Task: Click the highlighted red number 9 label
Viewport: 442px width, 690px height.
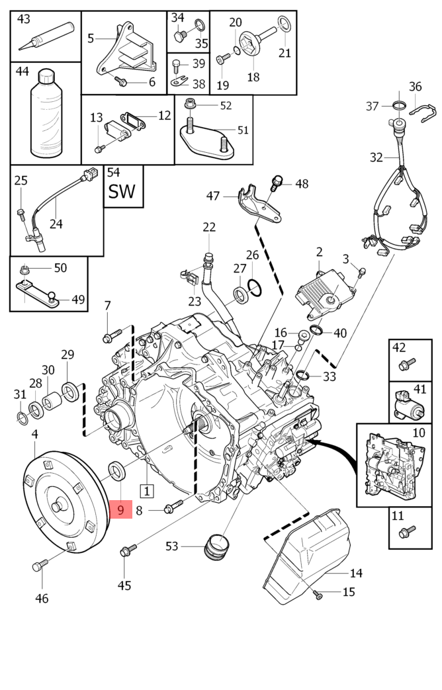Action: [x=121, y=510]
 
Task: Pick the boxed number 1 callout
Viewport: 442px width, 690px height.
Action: [x=146, y=491]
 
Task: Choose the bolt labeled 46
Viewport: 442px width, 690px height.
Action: [x=40, y=565]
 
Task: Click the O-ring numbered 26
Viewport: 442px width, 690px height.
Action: [x=255, y=286]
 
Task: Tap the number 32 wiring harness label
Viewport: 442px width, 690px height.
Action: [x=376, y=157]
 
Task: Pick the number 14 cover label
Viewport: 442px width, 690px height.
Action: [x=356, y=573]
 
